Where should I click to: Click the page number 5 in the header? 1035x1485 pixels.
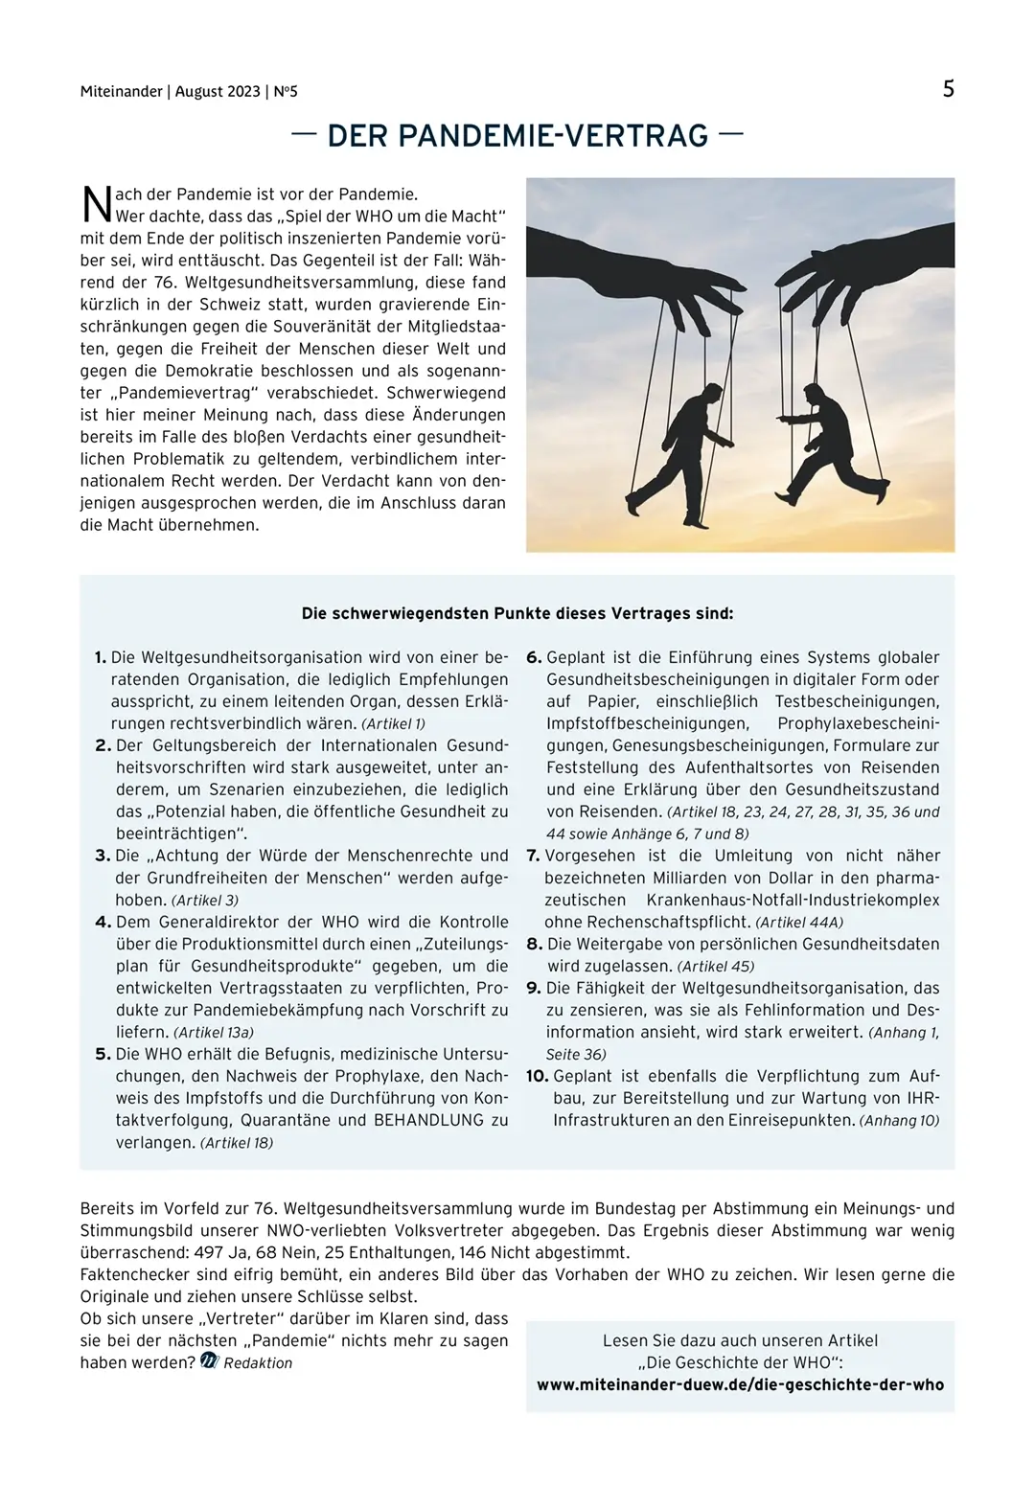[x=948, y=89]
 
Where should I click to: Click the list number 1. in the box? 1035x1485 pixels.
[x=101, y=657]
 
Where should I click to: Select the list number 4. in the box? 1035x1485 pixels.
[x=103, y=922]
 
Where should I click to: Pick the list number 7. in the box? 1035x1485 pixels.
[x=533, y=856]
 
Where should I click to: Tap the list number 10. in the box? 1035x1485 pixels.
[x=537, y=1076]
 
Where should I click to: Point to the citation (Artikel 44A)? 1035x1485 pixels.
[x=799, y=923]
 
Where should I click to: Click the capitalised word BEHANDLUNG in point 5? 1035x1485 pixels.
[x=430, y=1120]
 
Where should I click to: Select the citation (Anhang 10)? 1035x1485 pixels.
[x=899, y=1120]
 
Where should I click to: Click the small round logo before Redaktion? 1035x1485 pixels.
[x=210, y=1361]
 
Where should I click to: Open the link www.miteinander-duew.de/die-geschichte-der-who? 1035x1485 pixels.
[x=740, y=1384]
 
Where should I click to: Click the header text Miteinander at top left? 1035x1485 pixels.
[x=121, y=92]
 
